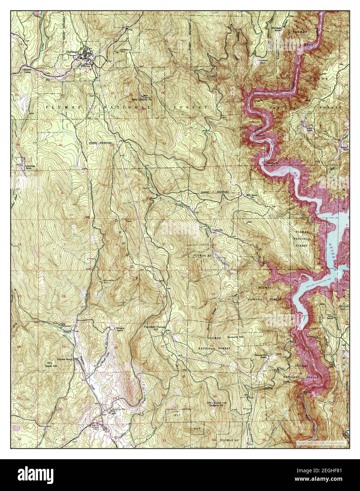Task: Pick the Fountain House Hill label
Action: click(x=155, y=329)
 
